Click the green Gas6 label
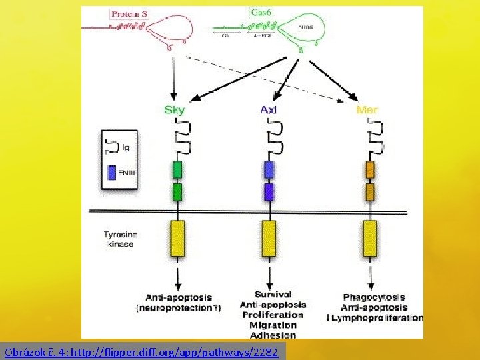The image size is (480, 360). click(260, 13)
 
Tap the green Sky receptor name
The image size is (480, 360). click(175, 110)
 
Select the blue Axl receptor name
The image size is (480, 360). click(269, 110)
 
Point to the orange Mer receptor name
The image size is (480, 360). click(367, 110)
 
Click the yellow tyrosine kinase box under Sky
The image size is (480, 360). click(178, 238)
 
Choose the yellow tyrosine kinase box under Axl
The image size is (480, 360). click(269, 238)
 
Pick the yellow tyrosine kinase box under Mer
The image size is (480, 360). click(369, 238)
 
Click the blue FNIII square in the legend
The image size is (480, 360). click(111, 173)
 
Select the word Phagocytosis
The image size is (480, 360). click(374, 297)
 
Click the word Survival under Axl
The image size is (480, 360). click(273, 294)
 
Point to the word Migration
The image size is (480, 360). click(273, 325)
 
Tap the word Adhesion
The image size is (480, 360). click(273, 335)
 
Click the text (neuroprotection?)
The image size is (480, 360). click(179, 308)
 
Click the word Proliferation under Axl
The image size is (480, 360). click(273, 315)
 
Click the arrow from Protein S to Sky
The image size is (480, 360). click(174, 77)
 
